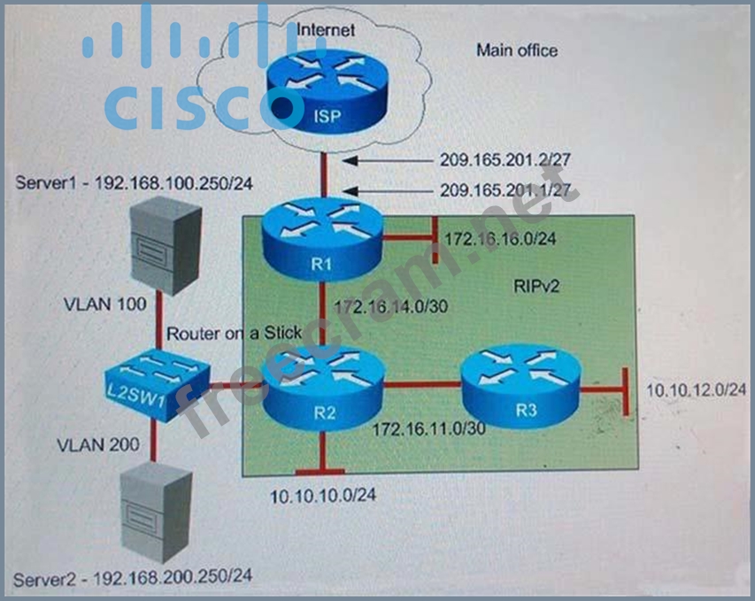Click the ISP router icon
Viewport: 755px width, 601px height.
pyautogui.click(x=327, y=91)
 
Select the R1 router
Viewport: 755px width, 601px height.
pyautogui.click(x=322, y=240)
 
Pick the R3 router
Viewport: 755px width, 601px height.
pyautogui.click(x=521, y=386)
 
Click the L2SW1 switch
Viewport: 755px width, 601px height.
pyautogui.click(x=158, y=385)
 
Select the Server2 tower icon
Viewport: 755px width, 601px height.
pyautogui.click(x=156, y=512)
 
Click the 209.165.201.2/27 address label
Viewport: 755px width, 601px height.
pyautogui.click(x=505, y=160)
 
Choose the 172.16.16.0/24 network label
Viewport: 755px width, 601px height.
pyautogui.click(x=500, y=239)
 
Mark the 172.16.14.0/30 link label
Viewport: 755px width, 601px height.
pyautogui.click(x=391, y=307)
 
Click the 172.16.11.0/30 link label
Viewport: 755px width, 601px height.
pyautogui.click(x=429, y=428)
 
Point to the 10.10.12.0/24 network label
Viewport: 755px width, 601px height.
pyautogui.click(x=697, y=389)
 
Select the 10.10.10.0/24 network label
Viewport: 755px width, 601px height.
pyautogui.click(x=323, y=496)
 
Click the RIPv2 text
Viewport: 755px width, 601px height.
pyautogui.click(x=536, y=287)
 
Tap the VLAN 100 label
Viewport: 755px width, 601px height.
pyautogui.click(x=105, y=304)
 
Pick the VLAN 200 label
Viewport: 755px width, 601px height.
pyautogui.click(x=98, y=445)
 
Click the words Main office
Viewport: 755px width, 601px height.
pyautogui.click(x=517, y=50)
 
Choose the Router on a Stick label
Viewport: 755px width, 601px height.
pyautogui.click(x=235, y=333)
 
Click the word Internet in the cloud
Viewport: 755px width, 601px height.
pyautogui.click(x=326, y=30)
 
